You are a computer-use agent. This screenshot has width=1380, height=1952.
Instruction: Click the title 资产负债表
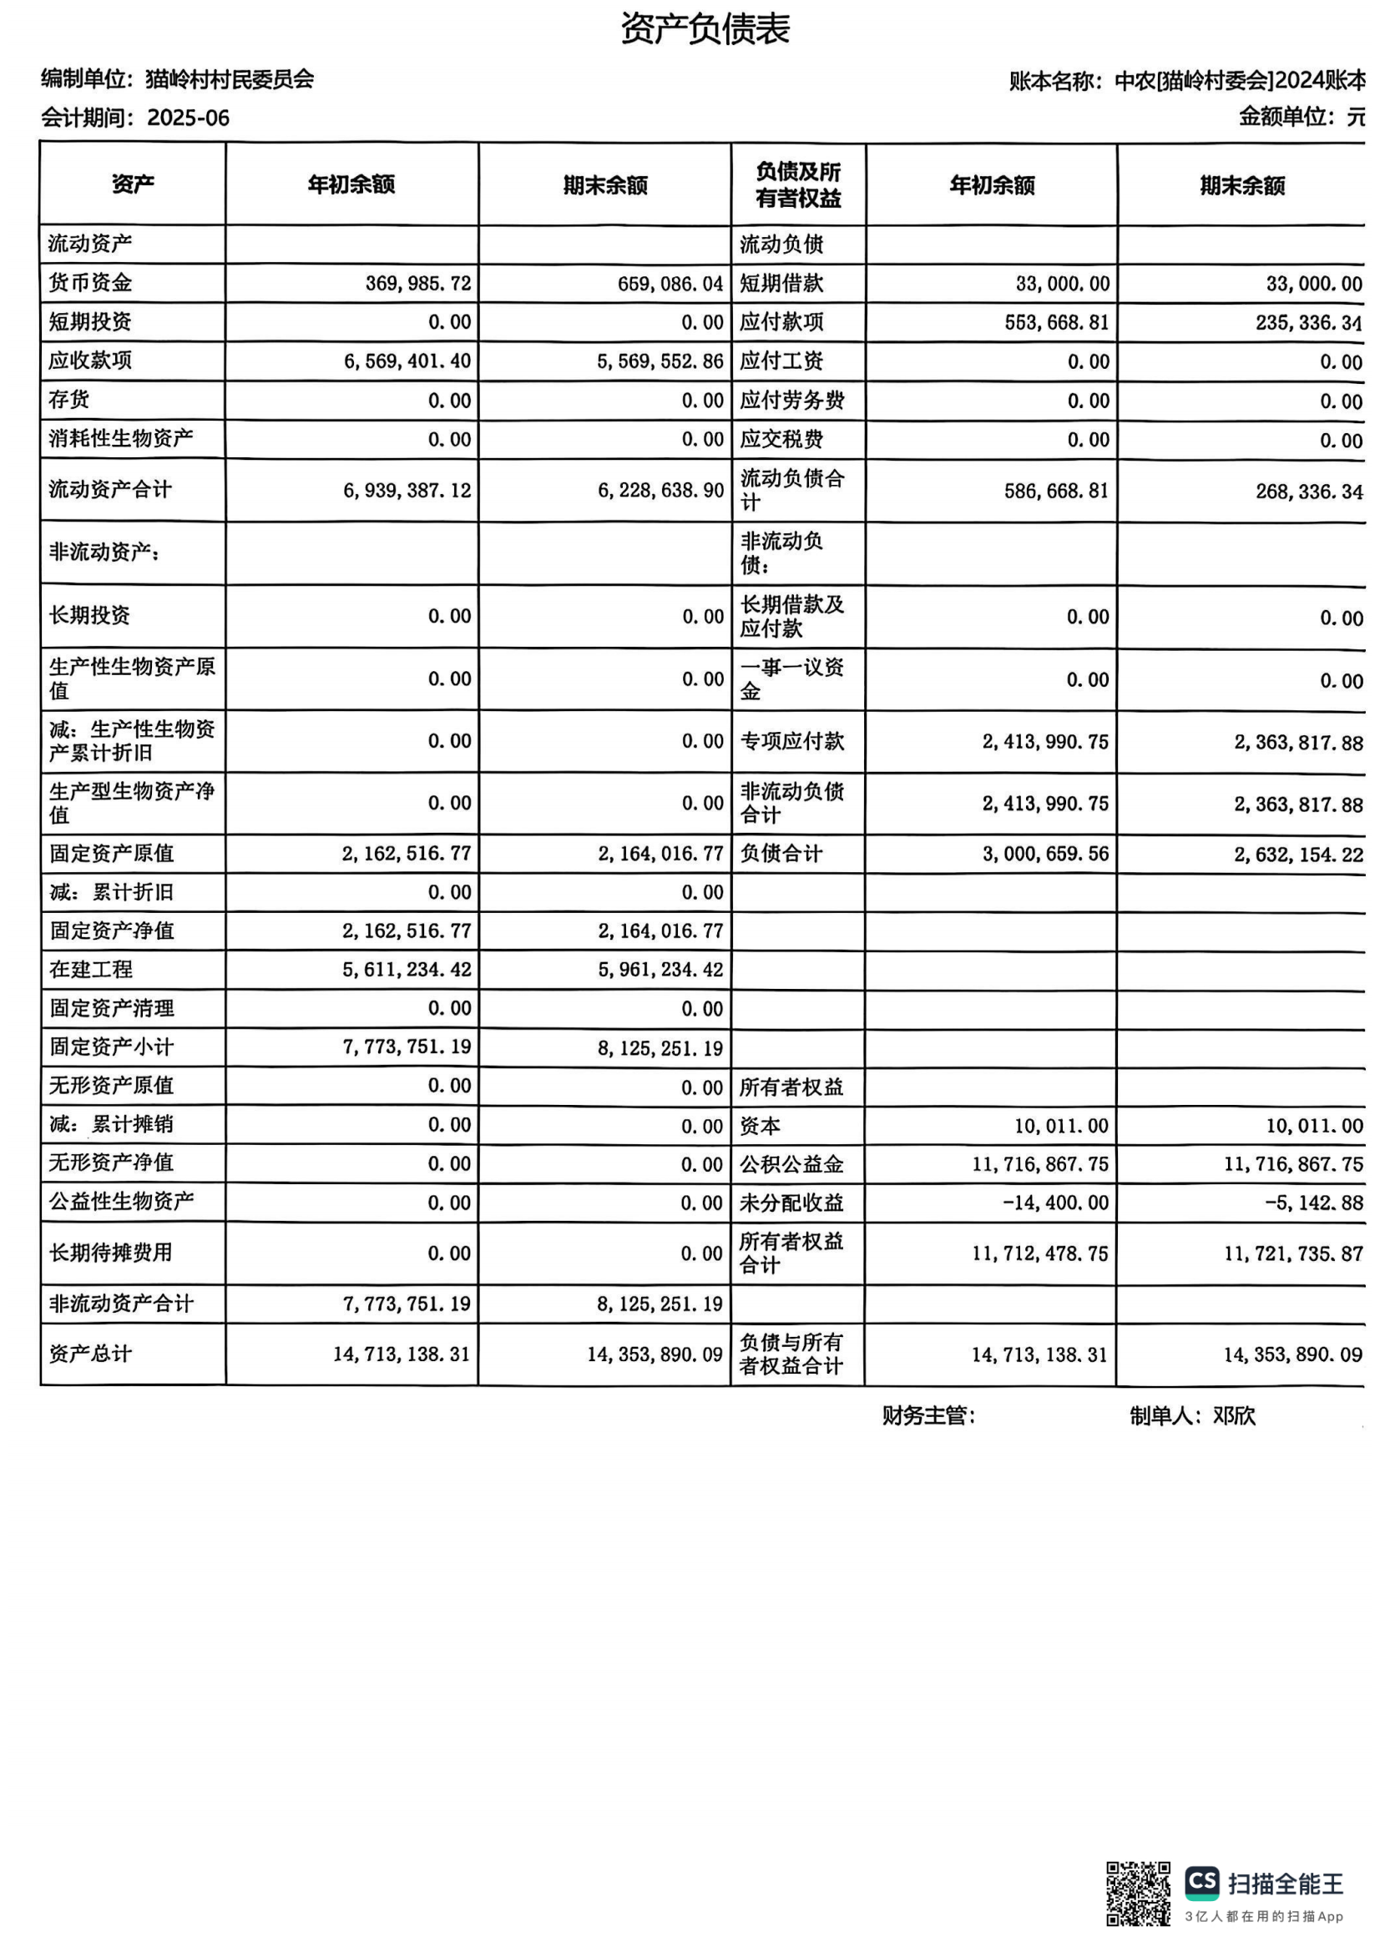click(705, 29)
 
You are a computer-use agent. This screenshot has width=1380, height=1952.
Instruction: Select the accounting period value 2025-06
click(188, 119)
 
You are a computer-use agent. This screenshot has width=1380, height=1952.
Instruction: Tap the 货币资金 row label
click(90, 282)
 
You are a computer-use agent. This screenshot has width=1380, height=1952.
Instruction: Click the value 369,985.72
click(418, 283)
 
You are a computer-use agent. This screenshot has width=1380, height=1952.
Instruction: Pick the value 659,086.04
click(670, 284)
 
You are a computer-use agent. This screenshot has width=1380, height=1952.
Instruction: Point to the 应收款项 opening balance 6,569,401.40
click(407, 361)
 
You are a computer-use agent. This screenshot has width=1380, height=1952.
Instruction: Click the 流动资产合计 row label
click(109, 489)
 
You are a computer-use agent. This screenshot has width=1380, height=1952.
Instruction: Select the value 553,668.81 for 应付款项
click(1057, 322)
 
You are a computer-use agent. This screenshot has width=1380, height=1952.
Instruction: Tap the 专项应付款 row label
click(791, 740)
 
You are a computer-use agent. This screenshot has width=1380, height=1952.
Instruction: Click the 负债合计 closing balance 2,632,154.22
click(1298, 855)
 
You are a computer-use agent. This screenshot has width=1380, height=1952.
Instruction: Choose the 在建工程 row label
click(91, 969)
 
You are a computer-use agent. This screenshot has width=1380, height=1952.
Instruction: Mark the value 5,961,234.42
click(660, 970)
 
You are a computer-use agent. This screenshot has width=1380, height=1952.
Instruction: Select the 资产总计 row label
click(90, 1354)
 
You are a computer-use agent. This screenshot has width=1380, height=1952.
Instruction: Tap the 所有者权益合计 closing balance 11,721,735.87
click(1293, 1253)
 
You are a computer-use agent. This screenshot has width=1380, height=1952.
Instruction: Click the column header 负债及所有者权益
click(797, 184)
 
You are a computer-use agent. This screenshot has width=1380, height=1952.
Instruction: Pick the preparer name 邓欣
click(1234, 1415)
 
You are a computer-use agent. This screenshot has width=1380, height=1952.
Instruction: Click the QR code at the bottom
click(1138, 1894)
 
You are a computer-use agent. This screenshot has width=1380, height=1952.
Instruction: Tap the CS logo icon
click(1202, 1882)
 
